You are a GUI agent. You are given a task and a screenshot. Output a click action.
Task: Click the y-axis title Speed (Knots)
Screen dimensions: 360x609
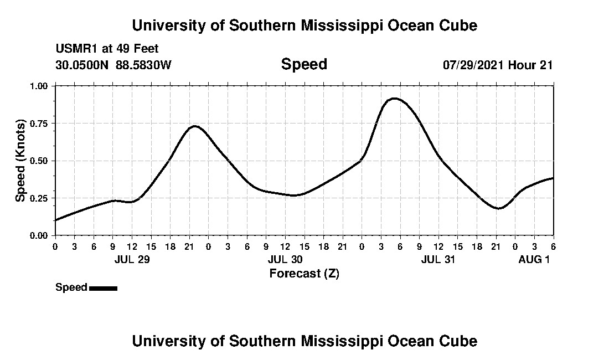(21, 161)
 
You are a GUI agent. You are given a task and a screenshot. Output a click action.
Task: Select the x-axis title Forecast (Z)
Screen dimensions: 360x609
(304, 273)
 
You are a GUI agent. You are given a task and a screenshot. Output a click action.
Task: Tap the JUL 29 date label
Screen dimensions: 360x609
(132, 259)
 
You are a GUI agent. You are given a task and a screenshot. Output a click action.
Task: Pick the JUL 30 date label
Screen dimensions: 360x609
(285, 259)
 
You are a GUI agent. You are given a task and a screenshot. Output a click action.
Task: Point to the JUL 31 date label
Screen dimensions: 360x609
(438, 259)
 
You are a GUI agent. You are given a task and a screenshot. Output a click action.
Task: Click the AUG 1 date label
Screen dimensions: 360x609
(534, 259)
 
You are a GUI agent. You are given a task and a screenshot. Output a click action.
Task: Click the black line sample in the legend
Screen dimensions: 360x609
(103, 288)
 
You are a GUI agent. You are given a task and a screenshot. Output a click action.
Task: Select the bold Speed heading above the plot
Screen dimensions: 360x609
(304, 64)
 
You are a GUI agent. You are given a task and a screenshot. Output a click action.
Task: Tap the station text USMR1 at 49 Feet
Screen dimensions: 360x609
(107, 49)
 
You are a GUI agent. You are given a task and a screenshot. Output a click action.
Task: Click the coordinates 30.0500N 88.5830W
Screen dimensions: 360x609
(113, 65)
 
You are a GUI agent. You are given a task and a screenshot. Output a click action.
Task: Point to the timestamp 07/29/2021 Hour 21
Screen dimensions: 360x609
(498, 65)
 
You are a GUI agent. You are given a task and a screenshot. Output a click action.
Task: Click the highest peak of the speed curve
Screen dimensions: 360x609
(394, 99)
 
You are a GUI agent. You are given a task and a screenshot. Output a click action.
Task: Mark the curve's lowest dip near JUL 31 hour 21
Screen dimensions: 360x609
(499, 208)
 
